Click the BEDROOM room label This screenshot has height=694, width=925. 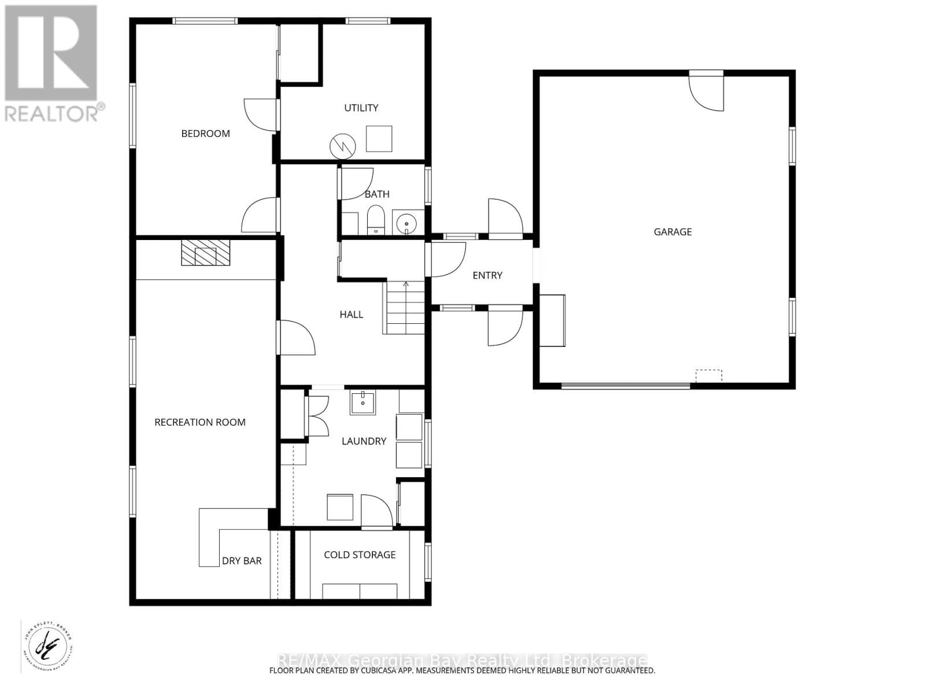point(205,134)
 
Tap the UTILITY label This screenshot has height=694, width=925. point(361,108)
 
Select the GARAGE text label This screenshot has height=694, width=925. point(672,232)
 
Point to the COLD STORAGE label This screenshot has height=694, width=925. point(360,555)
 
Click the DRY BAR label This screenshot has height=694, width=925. point(242,561)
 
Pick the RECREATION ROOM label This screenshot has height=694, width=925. point(200,422)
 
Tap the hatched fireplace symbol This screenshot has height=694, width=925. point(205,253)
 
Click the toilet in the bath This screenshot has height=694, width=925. point(376,220)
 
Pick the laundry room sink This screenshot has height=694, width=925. point(362,403)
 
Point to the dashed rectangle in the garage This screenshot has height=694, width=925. point(709,376)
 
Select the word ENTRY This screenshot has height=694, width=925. point(487,275)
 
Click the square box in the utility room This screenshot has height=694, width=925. point(379,139)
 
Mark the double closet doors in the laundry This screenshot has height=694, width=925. point(317,416)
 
